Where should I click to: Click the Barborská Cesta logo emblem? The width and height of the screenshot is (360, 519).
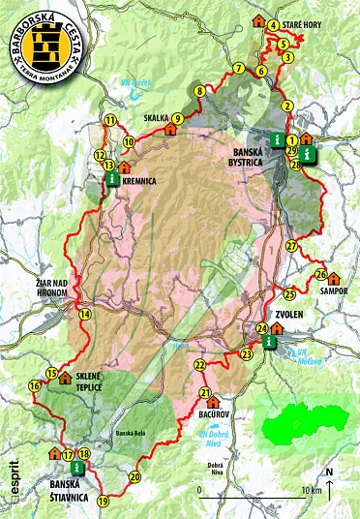pos(43,43)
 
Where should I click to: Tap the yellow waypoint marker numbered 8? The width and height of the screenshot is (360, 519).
pos(199,92)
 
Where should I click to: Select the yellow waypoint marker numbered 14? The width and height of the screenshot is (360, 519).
pos(85,314)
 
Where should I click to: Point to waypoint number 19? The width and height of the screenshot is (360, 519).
pos(104,500)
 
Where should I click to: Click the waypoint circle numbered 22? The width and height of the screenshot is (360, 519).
pos(199,365)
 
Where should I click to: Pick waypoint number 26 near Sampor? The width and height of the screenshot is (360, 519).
pos(320,275)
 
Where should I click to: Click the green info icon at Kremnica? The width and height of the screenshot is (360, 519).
pos(113,180)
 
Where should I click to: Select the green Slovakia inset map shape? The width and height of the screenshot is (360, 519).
pos(294,424)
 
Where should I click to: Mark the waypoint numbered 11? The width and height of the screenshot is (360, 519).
pos(110,120)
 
